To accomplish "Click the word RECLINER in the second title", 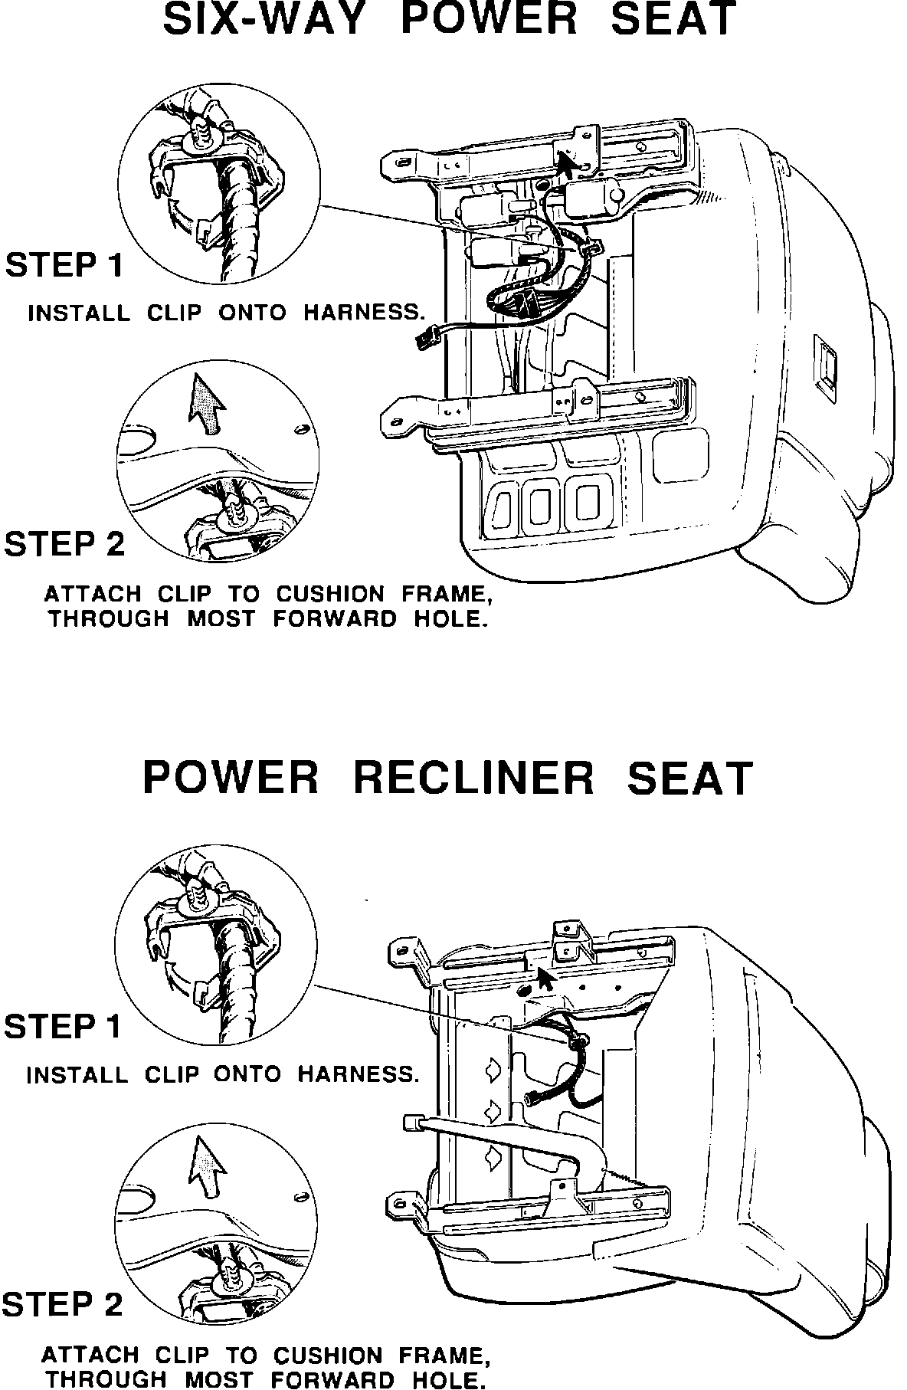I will tap(473, 778).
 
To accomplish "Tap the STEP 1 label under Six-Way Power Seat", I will tap(64, 265).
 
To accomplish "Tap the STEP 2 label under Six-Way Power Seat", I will tap(64, 544).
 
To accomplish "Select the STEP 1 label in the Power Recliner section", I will tap(63, 1026).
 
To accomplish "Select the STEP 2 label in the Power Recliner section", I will tap(63, 1303).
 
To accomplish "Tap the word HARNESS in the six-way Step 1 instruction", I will tap(364, 313).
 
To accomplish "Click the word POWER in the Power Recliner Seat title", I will tap(231, 778).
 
